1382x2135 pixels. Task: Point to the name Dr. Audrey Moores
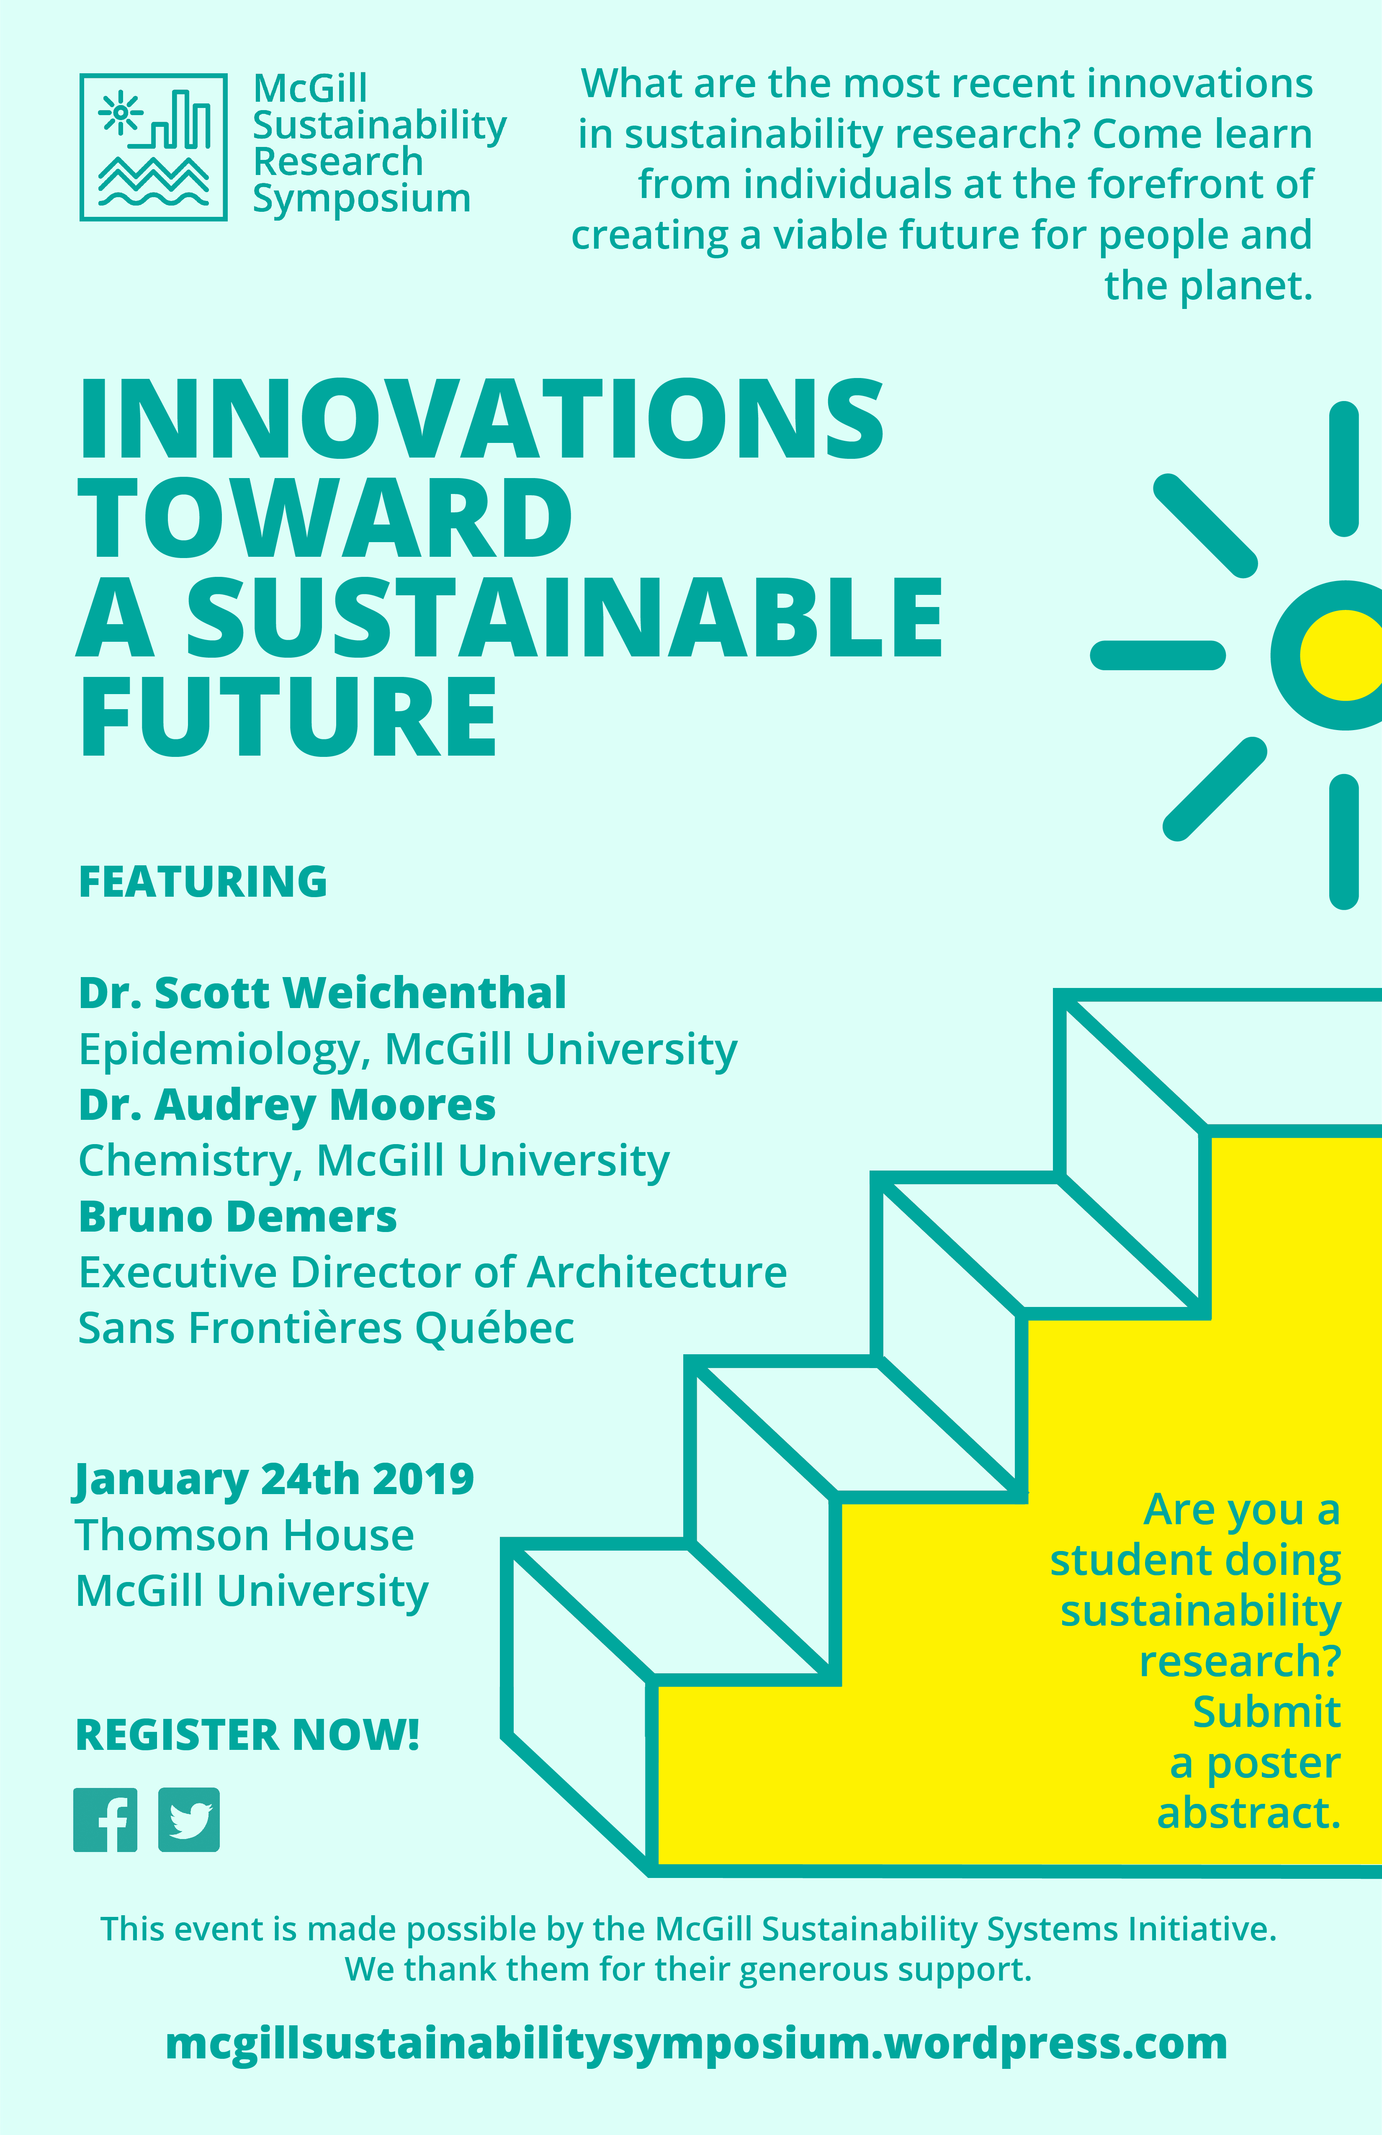pos(287,1105)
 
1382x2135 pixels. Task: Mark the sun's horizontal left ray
pos(1158,655)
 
